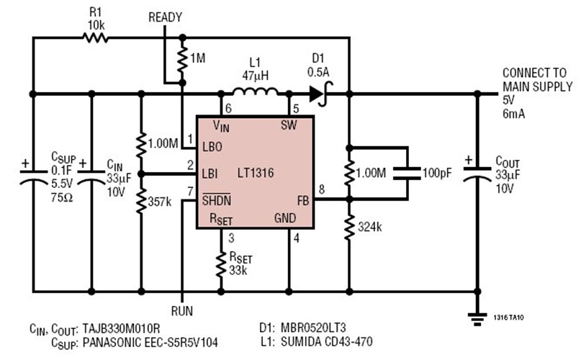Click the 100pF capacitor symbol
tap(407, 174)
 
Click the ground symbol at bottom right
tap(476, 315)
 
